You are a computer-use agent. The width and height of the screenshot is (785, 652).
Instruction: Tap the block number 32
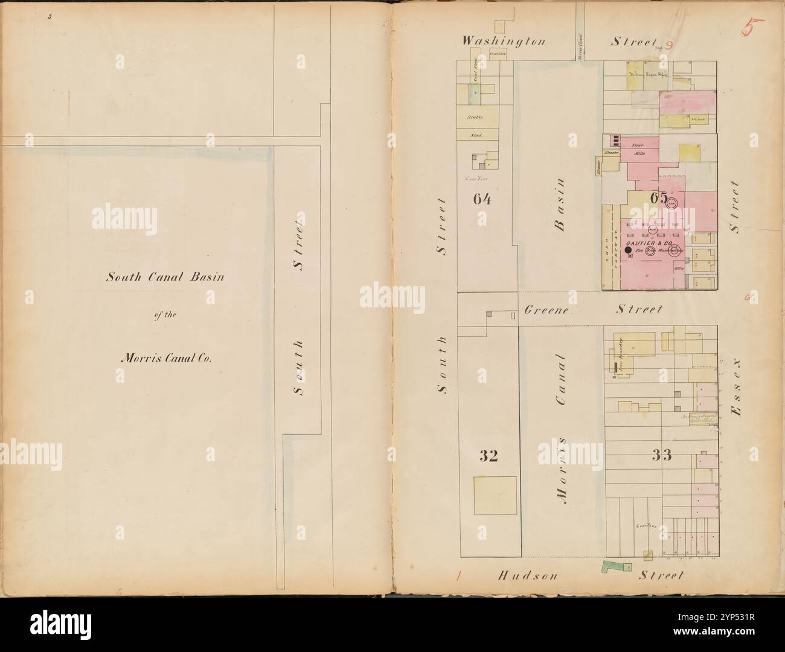[489, 456]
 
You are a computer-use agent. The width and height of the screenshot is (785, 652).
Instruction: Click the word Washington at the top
[504, 42]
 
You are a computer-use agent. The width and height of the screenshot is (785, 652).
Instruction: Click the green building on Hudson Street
[615, 567]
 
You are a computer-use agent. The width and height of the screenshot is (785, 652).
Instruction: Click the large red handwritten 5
[752, 28]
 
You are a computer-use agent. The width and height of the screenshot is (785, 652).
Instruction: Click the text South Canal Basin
[165, 278]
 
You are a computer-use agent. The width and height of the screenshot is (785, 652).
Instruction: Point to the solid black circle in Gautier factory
[627, 250]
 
